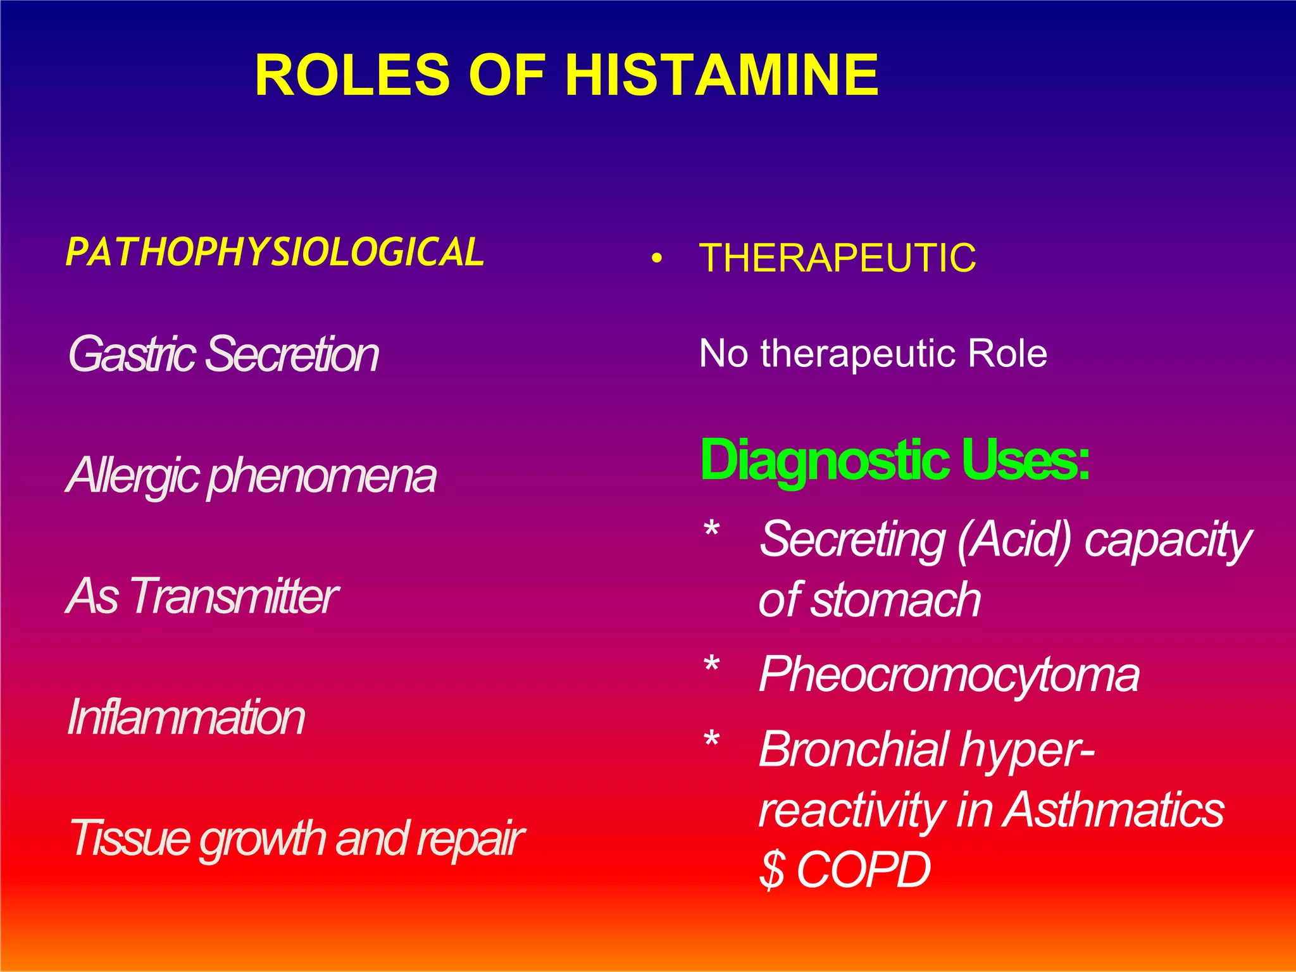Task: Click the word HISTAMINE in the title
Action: [x=721, y=75]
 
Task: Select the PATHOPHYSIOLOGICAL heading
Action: [x=275, y=252]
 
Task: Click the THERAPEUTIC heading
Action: [x=837, y=258]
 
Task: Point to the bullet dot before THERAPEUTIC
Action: [x=658, y=259]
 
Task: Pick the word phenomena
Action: [x=322, y=476]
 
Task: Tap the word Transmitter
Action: [x=234, y=596]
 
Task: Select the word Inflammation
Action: [x=186, y=717]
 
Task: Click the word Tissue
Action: [x=130, y=838]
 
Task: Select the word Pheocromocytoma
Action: [x=949, y=675]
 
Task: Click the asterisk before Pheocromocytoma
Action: [x=712, y=667]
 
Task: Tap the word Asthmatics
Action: [x=1114, y=810]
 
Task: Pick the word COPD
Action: [x=864, y=870]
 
